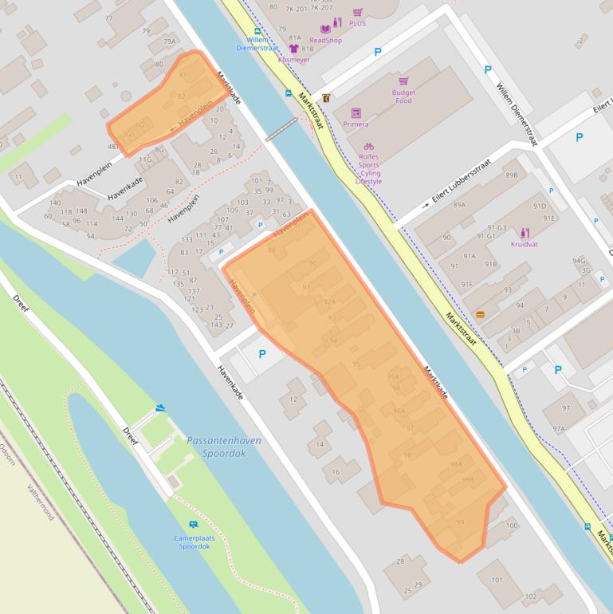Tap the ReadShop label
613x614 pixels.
(325, 41)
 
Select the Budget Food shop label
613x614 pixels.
(403, 96)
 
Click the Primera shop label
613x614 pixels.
(356, 124)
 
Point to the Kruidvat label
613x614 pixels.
(525, 244)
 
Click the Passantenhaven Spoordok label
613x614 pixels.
(223, 446)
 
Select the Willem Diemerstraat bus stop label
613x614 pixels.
(257, 43)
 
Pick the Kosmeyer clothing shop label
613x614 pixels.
(294, 59)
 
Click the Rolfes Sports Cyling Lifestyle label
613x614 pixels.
(368, 168)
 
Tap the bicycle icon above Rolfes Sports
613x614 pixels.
(368, 147)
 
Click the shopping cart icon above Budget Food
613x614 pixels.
(403, 81)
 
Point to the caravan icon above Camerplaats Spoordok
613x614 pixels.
(193, 524)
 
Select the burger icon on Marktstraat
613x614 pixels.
(480, 314)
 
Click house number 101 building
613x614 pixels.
(497, 580)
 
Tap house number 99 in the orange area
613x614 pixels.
(460, 522)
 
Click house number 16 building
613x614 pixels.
(336, 472)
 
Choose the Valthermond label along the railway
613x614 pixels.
(40, 501)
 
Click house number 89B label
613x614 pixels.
(511, 175)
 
